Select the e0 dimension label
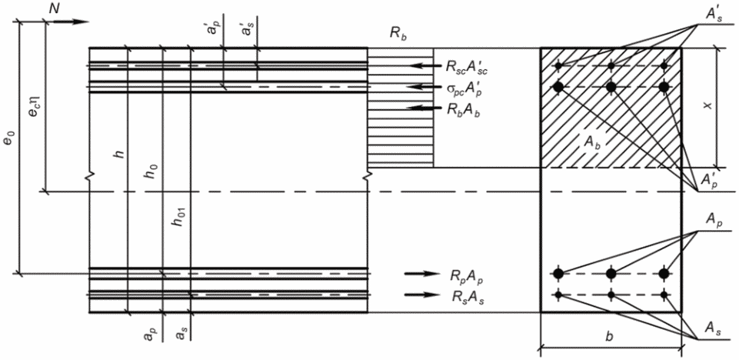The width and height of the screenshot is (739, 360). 9,139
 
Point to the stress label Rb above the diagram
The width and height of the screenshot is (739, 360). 397,37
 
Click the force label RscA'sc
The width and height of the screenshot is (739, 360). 466,68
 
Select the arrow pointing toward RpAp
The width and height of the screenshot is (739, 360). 421,273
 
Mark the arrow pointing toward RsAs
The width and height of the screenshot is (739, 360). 421,295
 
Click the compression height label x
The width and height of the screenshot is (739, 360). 705,106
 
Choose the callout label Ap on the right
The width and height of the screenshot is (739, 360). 712,220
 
